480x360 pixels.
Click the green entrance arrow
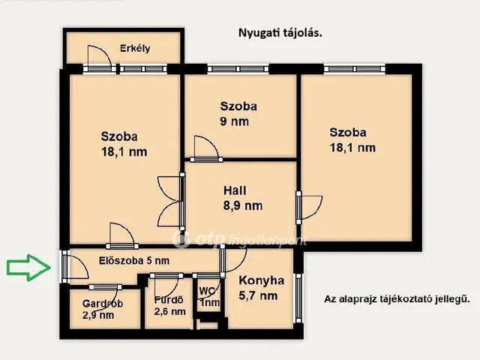pos(28,268)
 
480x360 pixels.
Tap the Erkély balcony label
pos(135,48)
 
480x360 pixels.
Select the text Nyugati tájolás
pos(280,33)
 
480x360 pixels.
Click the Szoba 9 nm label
pos(238,114)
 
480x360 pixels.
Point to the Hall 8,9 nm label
pos(243,198)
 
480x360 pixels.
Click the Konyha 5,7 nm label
pos(261,288)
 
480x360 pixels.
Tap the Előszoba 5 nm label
pos(134,261)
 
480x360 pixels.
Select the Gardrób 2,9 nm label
pos(103,309)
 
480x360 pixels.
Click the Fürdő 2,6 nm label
pos(170,305)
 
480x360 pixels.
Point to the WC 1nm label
pos(210,297)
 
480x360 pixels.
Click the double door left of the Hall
pos(171,201)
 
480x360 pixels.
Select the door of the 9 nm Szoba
pos(206,149)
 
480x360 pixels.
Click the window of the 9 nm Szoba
pos(238,69)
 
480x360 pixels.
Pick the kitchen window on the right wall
pos(298,298)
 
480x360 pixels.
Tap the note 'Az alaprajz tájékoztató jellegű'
pos(397,298)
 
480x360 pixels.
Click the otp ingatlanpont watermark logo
pos(239,239)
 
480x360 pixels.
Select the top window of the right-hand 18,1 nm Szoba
pos(354,69)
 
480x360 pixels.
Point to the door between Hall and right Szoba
pos(309,208)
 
